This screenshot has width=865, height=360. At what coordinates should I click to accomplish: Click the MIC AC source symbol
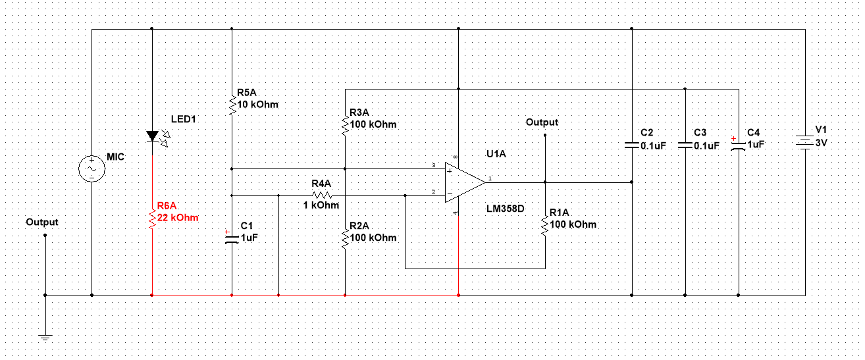pyautogui.click(x=92, y=169)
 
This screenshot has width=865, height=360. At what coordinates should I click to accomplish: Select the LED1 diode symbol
pyautogui.click(x=152, y=136)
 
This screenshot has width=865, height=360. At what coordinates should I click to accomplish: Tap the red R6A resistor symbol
pyautogui.click(x=152, y=219)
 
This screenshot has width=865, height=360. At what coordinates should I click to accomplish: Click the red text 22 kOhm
pyautogui.click(x=177, y=218)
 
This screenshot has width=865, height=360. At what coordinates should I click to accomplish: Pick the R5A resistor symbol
pyautogui.click(x=232, y=105)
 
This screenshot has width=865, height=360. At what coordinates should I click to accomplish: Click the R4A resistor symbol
pyautogui.click(x=321, y=195)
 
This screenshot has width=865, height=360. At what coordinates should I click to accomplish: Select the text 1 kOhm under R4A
pyautogui.click(x=321, y=205)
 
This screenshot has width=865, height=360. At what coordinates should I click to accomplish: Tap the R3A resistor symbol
pyautogui.click(x=344, y=124)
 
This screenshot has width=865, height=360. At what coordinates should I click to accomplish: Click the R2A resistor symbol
pyautogui.click(x=344, y=238)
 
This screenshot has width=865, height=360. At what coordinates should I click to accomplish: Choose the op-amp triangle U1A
pyautogui.click(x=463, y=182)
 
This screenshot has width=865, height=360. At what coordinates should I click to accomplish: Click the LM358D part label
pyautogui.click(x=506, y=208)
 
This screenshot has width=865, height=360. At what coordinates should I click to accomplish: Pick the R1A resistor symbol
pyautogui.click(x=545, y=224)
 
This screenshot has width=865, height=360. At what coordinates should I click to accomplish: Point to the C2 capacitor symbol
pyautogui.click(x=632, y=144)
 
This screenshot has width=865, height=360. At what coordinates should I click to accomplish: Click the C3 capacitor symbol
pyautogui.click(x=685, y=144)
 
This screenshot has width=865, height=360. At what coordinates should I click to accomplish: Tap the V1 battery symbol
pyautogui.click(x=804, y=142)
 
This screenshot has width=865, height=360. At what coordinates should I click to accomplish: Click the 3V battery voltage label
pyautogui.click(x=822, y=143)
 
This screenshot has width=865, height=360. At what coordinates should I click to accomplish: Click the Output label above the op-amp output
pyautogui.click(x=542, y=122)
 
